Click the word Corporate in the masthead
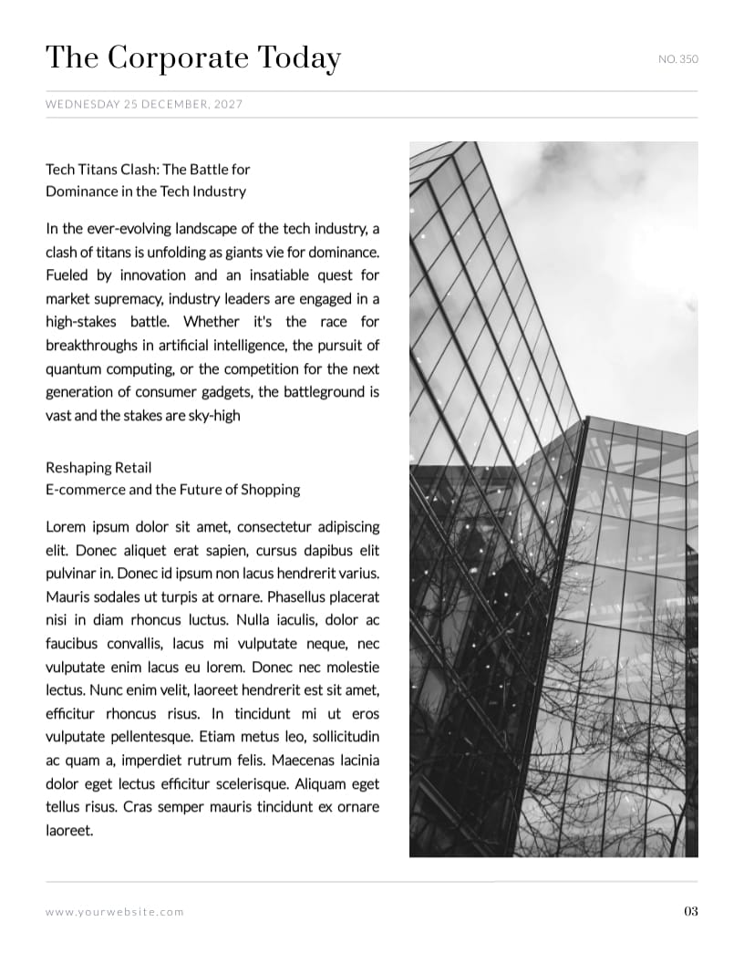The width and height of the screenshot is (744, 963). point(176,59)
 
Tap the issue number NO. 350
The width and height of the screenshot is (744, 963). point(677,60)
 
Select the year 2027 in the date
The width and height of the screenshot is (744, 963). point(228,105)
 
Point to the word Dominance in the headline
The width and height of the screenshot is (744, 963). point(82,192)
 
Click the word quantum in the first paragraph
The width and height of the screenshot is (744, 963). point(75,369)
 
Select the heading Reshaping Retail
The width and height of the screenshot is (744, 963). point(98,468)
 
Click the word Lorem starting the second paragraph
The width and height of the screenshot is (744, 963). point(65,528)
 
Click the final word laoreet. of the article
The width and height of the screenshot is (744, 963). point(69,831)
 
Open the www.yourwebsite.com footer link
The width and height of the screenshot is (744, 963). point(114,912)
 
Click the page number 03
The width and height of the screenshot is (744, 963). point(690,911)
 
